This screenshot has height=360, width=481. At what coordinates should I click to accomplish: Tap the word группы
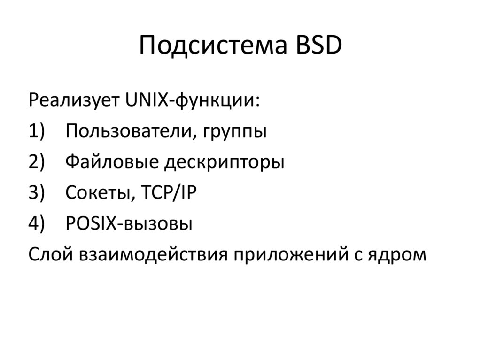[235, 132]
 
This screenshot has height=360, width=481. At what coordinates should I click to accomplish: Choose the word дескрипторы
[224, 163]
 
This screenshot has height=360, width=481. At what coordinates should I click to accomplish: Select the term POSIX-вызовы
[129, 224]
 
